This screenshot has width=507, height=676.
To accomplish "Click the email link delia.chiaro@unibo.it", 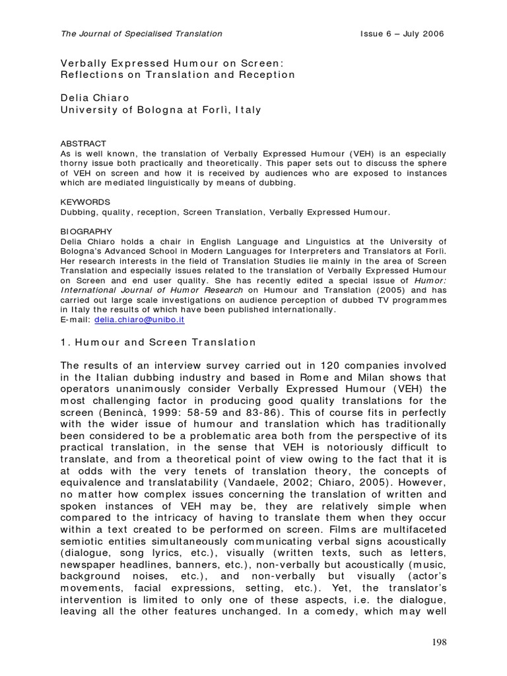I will [x=139, y=320].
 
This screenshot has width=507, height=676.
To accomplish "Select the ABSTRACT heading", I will [x=83, y=143].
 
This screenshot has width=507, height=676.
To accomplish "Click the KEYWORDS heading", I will [x=85, y=201].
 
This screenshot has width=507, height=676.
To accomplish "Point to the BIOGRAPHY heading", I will [x=86, y=231].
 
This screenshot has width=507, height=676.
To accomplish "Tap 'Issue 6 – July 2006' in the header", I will [x=402, y=34].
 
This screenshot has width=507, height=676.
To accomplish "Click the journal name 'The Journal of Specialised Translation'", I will [x=141, y=34].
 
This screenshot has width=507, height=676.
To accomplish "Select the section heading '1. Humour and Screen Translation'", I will [x=158, y=342].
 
